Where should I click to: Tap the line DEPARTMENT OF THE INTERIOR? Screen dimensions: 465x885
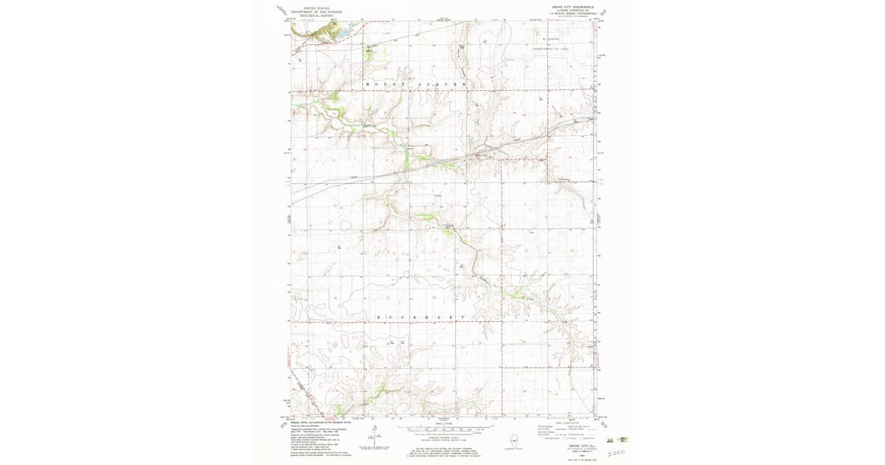[x=317, y=11]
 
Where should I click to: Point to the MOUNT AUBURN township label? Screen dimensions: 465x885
[x=417, y=85]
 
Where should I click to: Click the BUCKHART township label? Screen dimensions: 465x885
[x=422, y=317]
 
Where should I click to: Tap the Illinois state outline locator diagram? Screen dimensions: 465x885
[x=510, y=440]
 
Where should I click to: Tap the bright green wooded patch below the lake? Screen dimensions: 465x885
[x=368, y=52]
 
